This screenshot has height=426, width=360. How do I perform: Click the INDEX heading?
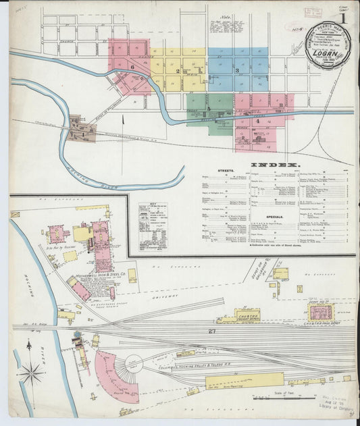[x=275, y=165]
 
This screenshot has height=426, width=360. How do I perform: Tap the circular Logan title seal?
[x=328, y=45]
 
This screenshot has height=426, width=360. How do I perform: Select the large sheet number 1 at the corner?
[x=344, y=18]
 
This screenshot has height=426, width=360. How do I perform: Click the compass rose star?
[x=31, y=371]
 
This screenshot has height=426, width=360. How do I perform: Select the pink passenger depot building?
[x=321, y=311]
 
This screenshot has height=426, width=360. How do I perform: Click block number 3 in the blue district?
[x=237, y=70]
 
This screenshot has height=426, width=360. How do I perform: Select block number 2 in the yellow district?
[x=178, y=70]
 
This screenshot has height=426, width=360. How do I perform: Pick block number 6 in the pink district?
[x=133, y=67]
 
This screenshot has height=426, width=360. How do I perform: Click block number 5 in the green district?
[x=209, y=107]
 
